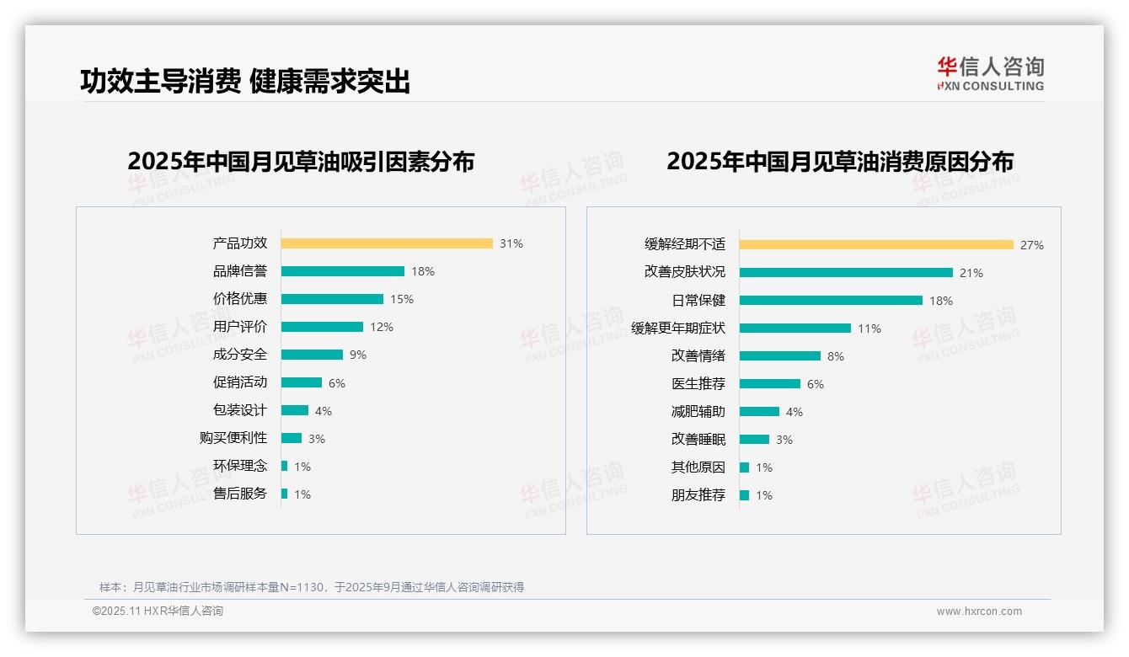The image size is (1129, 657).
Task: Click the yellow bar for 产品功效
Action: pos(387,243)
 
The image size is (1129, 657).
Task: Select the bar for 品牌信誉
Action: pos(343,271)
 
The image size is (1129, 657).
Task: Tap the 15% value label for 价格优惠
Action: pos(402,299)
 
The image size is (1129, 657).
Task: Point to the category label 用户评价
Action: pos(239,327)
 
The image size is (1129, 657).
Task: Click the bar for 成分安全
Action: pos(312,355)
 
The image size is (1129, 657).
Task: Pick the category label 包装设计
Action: pos(239,410)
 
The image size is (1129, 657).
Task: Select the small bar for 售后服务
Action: pos(285,494)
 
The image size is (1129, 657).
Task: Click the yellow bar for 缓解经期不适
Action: pos(876,245)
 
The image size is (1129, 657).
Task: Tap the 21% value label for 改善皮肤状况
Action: pos(971,273)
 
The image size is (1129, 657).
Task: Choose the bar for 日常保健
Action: pos(831,301)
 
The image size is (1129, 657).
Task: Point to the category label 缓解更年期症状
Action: pos(678,328)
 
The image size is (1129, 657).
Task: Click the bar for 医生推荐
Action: pos(770,384)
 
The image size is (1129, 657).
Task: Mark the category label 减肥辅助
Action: pos(698,412)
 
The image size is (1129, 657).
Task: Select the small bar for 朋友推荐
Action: pos(744,495)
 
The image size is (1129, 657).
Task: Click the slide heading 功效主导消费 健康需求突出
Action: pos(245,81)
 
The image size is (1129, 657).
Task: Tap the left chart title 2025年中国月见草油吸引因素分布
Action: pos(301,162)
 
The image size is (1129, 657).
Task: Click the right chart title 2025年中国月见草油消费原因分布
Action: pos(839,162)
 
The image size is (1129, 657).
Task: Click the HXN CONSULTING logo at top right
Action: pos(990,73)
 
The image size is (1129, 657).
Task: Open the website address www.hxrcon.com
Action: pos(979,612)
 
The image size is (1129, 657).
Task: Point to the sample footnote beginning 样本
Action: pos(312,587)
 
